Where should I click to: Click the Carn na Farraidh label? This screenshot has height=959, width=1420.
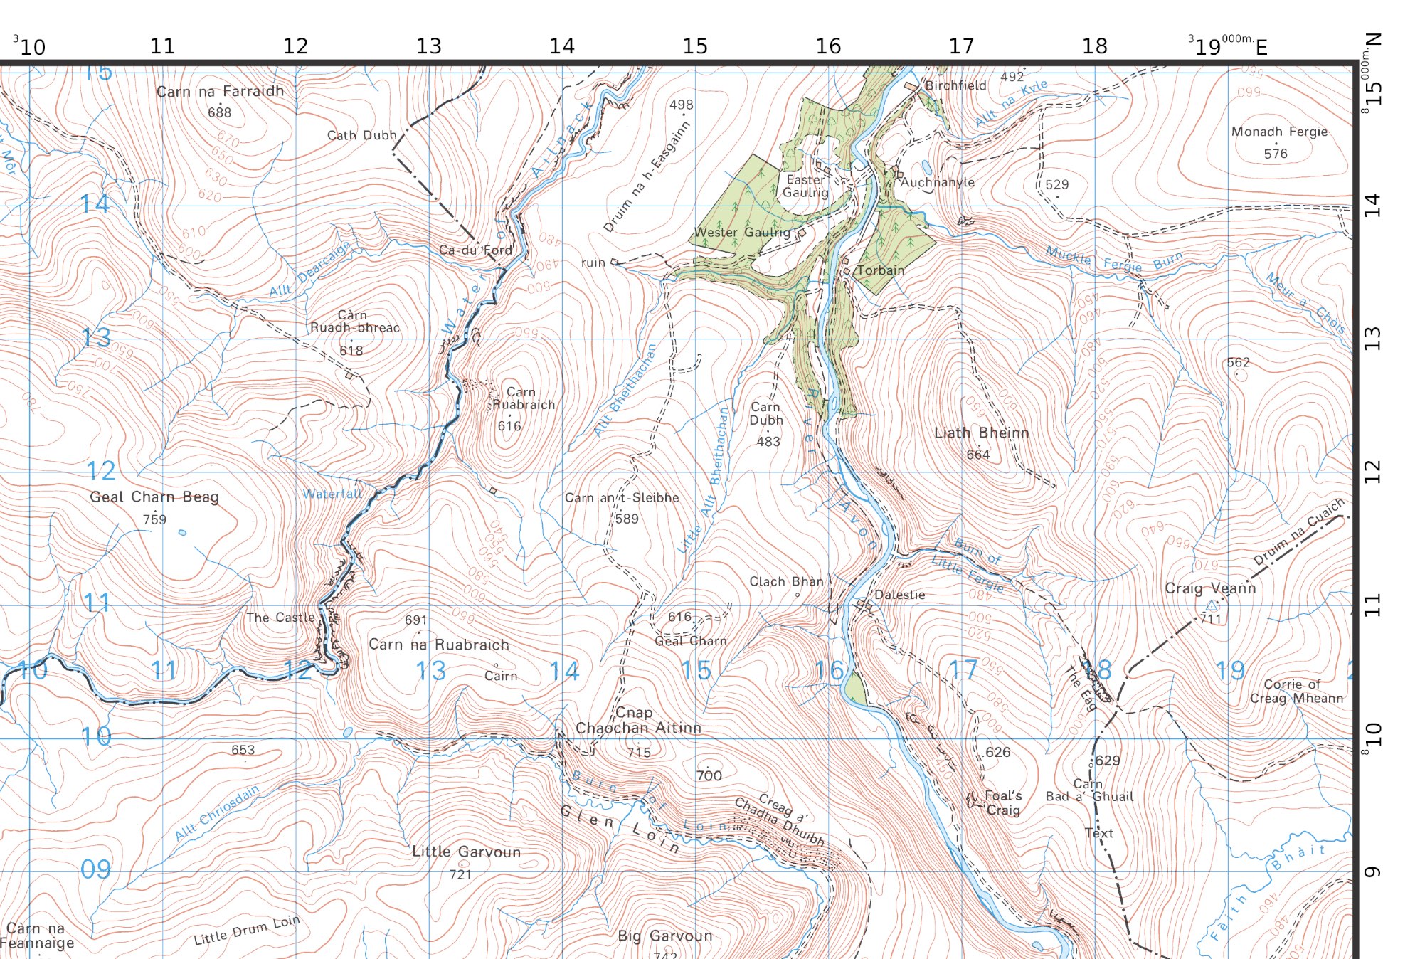tap(220, 91)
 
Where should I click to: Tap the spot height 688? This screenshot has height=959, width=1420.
tap(219, 112)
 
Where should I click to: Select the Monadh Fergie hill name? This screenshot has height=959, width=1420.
tap(1279, 132)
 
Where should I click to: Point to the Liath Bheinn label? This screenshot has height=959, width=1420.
tap(981, 433)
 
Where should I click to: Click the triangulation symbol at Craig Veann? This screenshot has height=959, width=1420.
tap(1212, 606)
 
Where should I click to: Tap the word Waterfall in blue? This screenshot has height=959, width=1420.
tap(332, 494)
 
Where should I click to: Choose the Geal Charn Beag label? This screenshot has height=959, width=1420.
tap(154, 497)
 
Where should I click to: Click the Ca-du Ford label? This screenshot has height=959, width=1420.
tap(475, 250)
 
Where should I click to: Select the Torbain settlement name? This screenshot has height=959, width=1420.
tap(881, 270)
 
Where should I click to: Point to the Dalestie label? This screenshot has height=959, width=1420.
tap(900, 595)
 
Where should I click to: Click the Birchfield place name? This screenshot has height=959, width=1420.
tap(955, 85)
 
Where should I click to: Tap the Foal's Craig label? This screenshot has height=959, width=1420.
tap(1003, 803)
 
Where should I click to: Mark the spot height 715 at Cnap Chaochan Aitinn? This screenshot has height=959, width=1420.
tap(639, 753)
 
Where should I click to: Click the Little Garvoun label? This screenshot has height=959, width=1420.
tap(466, 852)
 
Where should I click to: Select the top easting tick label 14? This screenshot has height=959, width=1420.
tap(561, 46)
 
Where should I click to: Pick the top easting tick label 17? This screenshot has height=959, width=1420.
tap(961, 46)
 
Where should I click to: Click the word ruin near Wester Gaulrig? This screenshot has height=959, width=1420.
tap(593, 263)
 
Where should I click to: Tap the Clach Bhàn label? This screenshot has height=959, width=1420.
tap(786, 581)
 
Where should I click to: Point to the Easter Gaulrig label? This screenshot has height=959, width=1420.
tap(805, 186)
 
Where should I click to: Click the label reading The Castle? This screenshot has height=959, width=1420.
tap(280, 618)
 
